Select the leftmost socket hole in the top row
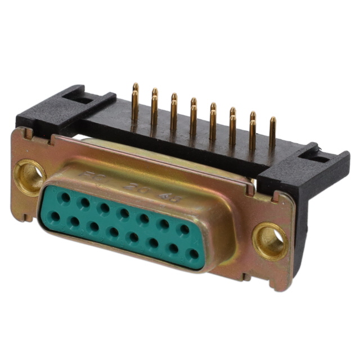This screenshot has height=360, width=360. click(x=65, y=197)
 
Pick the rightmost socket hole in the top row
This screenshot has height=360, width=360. click(x=183, y=229)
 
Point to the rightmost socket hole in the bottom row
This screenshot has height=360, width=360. click(x=193, y=253)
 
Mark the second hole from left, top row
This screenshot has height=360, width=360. click(x=85, y=202)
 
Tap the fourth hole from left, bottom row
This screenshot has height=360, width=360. click(x=114, y=232)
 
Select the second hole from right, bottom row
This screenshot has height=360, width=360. click(x=173, y=247)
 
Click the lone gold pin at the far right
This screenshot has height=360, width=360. click(x=273, y=133)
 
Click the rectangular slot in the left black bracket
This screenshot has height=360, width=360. click(x=79, y=97)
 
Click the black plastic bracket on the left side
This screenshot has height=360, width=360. click(x=51, y=112)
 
